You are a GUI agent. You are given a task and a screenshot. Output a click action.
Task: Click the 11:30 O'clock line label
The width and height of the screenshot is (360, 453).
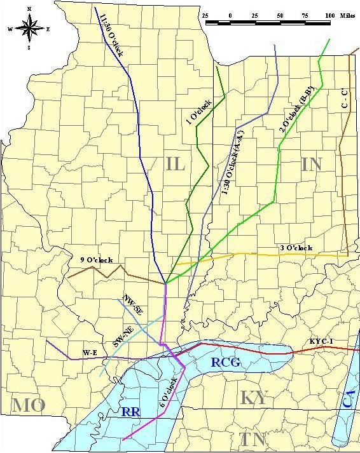click(111, 34)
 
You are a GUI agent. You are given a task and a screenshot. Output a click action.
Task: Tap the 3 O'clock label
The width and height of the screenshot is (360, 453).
click(296, 248)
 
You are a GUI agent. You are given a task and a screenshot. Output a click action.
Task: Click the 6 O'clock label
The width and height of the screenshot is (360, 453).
click(168, 393)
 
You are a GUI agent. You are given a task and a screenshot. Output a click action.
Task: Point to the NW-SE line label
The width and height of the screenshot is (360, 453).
click(133, 304)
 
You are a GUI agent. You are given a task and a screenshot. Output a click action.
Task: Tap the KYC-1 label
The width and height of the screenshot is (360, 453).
click(321, 342)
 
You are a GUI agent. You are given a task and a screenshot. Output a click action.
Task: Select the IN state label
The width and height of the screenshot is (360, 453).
click(311, 164)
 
